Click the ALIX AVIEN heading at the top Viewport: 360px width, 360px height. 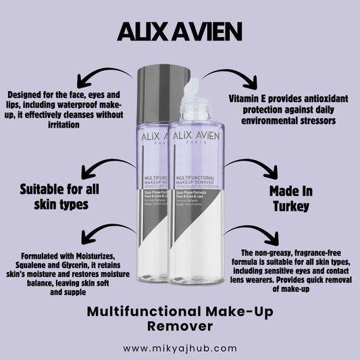180,32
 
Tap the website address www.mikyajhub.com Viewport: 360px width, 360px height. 180,348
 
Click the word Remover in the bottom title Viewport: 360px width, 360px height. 180,326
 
